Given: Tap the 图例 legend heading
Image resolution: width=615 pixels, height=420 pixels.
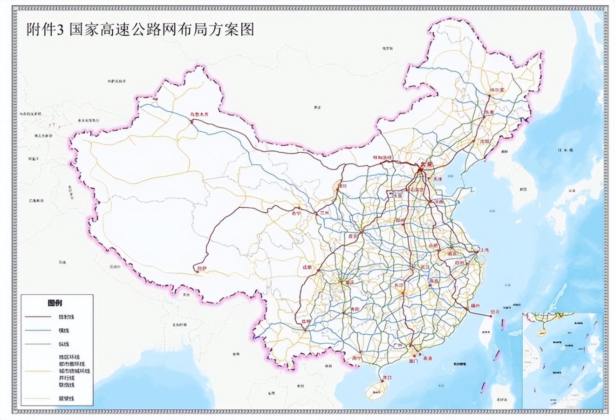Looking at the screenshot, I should click(55, 303).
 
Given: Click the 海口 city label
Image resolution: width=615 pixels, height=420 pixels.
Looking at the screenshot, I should click(386, 377).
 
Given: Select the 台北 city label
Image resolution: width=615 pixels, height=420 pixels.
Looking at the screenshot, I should click(495, 312).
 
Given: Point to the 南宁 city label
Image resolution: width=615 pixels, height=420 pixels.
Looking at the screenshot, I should click(358, 359).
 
